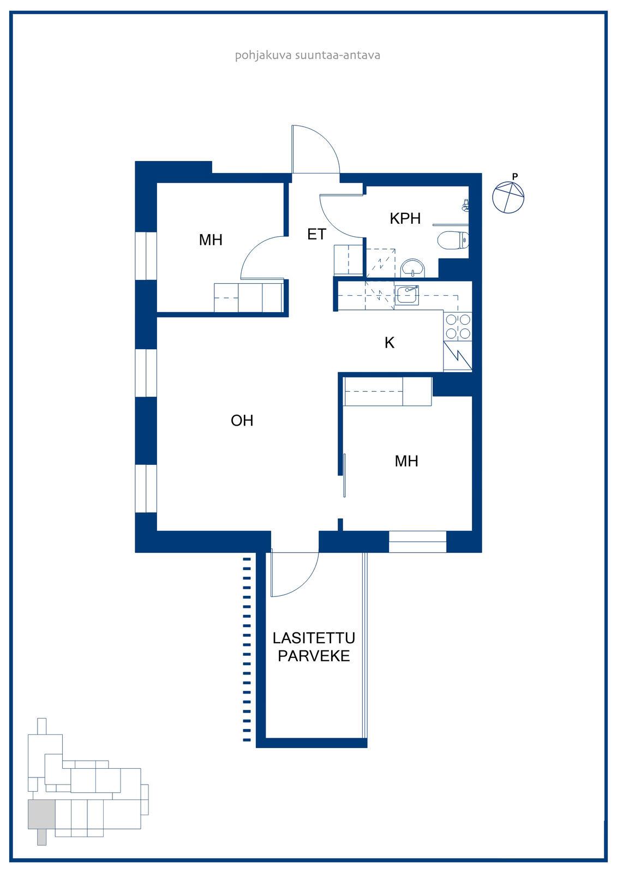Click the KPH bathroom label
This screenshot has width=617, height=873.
click(x=405, y=218)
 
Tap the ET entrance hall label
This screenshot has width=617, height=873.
click(x=316, y=234)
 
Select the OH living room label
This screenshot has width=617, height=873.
click(x=242, y=421)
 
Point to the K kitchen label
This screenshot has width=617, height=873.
click(x=390, y=343)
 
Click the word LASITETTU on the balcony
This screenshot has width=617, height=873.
click(x=314, y=638)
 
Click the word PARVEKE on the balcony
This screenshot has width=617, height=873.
click(x=314, y=656)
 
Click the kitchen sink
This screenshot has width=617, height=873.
click(x=406, y=295)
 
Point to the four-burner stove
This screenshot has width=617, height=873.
click(x=458, y=326)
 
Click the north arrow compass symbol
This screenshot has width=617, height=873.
click(x=508, y=197)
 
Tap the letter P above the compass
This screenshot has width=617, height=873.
click(x=515, y=177)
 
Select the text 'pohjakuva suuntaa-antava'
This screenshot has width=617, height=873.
click(x=308, y=55)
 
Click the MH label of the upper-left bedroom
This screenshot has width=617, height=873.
click(x=211, y=240)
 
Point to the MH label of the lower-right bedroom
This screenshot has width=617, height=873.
click(x=406, y=461)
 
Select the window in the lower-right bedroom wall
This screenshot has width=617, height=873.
click(x=417, y=541)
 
